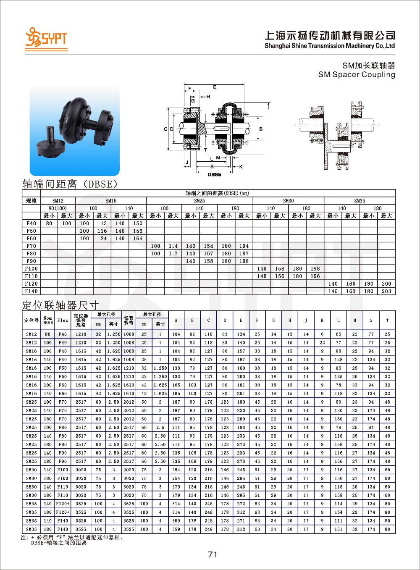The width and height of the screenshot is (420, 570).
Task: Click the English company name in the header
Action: (329, 46)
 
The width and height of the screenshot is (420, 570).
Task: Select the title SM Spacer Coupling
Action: (357, 75)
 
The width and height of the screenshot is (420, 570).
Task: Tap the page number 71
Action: (213, 554)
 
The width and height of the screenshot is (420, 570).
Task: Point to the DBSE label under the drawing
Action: (214, 174)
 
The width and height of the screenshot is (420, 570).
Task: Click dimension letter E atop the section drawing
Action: (215, 87)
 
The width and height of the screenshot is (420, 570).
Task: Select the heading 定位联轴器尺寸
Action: (60, 305)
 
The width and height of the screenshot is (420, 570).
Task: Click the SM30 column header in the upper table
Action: (288, 201)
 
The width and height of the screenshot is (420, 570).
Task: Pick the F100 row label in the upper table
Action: (31, 269)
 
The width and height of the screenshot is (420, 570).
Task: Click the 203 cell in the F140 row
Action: (386, 291)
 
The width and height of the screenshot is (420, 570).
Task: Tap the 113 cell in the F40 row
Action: (102, 223)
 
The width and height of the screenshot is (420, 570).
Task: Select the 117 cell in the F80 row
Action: (173, 254)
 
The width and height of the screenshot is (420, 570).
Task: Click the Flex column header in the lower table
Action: (63, 320)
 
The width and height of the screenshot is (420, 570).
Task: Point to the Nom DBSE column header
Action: (48, 320)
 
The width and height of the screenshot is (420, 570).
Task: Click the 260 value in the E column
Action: (241, 419)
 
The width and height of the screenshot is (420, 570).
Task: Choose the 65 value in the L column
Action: (339, 334)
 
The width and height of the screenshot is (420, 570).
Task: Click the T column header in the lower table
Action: (387, 320)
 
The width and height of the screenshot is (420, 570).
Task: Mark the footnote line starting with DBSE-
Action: (59, 543)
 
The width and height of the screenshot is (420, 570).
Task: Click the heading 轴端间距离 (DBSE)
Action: (70, 184)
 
